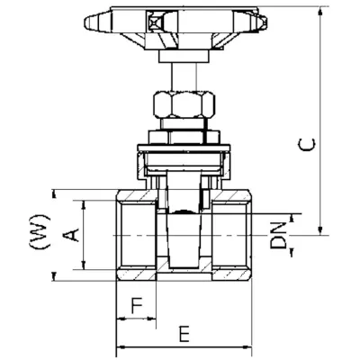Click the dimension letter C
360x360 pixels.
pos(307,144)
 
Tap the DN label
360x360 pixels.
pos(280,234)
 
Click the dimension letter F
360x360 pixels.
pos(137,305)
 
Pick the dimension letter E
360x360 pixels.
pos(183,335)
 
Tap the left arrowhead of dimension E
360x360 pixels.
pos(121,348)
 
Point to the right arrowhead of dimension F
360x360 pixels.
pos(154,319)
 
